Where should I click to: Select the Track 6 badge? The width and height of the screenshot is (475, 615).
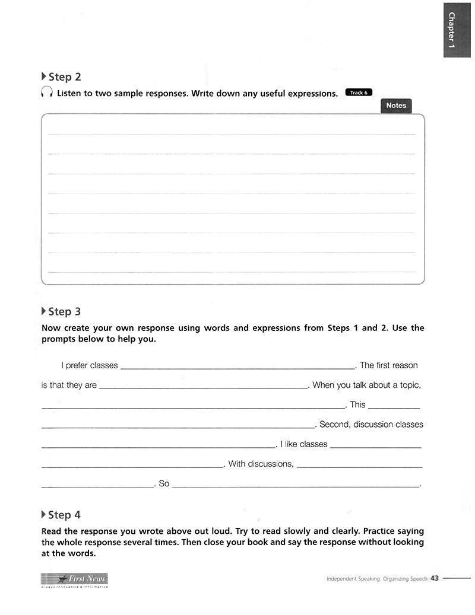click(x=359, y=93)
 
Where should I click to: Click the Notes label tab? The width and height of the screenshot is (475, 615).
click(x=396, y=106)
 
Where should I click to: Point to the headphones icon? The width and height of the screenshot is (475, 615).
click(x=47, y=93)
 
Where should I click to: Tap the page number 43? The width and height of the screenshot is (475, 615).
click(x=434, y=579)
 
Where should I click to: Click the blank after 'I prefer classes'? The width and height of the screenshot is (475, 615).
click(x=237, y=367)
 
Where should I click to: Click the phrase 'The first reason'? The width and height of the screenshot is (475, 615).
click(x=389, y=365)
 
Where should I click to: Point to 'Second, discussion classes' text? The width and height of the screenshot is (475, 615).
click(x=371, y=425)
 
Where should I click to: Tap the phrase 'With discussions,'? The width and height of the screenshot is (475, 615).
click(x=261, y=464)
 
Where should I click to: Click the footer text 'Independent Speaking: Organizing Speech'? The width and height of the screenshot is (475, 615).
click(x=376, y=579)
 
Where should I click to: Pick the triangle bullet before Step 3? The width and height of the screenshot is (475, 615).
click(x=43, y=311)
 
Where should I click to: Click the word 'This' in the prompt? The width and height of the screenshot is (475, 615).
click(x=357, y=404)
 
